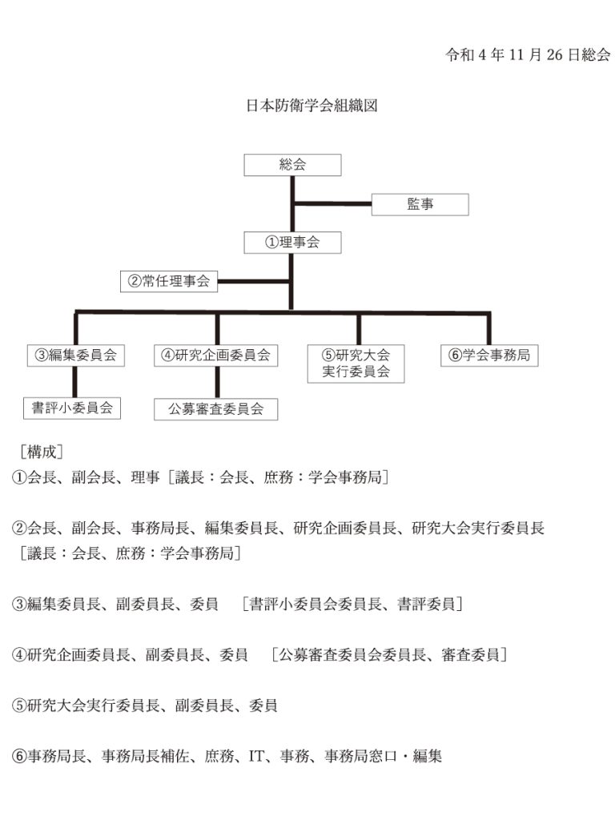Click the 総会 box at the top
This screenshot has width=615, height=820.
(292, 165)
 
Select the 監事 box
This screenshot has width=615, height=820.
(420, 204)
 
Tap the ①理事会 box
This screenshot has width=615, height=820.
(292, 243)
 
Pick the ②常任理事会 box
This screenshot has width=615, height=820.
(169, 281)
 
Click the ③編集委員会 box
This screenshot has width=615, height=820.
(76, 356)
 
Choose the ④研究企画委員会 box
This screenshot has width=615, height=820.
(216, 356)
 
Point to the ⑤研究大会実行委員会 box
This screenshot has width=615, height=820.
(356, 364)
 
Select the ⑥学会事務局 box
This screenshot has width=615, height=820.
(489, 356)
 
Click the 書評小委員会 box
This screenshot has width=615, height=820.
(72, 408)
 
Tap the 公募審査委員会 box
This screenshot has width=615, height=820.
(216, 409)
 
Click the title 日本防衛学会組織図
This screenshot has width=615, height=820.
(312, 106)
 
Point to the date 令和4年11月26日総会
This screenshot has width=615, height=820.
(528, 55)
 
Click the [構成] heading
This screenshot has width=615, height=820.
(42, 452)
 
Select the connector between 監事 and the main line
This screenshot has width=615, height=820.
(332, 203)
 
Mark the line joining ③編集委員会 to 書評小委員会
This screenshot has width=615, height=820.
(74, 382)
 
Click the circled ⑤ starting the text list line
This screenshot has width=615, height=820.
(19, 705)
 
